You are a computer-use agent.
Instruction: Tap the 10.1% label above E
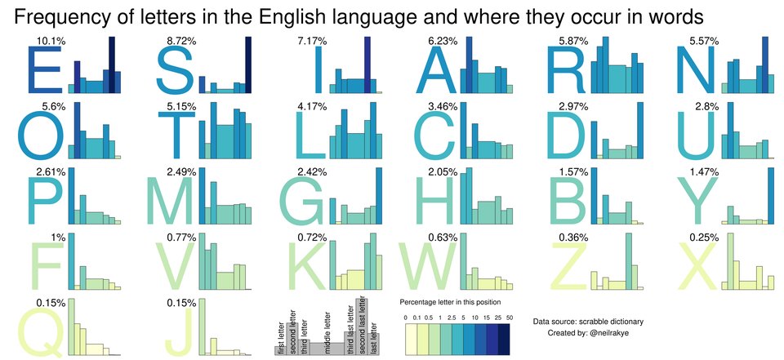coord(47,40)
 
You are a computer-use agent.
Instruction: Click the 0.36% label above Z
coord(576,238)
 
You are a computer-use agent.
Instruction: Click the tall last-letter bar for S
coord(246,65)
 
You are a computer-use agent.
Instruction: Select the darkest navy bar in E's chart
coord(112,64)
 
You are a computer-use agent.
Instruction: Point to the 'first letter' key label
coord(280,335)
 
